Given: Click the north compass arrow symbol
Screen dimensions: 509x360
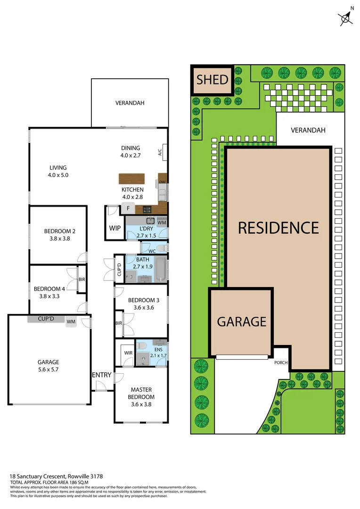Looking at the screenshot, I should pyautogui.click(x=346, y=18).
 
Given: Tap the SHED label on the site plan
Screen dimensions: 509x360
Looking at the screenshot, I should pyautogui.click(x=212, y=80).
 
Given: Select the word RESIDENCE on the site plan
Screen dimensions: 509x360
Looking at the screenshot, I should pyautogui.click(x=278, y=228).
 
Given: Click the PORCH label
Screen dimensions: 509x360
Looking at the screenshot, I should pyautogui.click(x=281, y=363).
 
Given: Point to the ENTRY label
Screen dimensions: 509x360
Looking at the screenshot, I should pyautogui.click(x=102, y=375).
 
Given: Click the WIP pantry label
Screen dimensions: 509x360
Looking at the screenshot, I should pyautogui.click(x=115, y=228).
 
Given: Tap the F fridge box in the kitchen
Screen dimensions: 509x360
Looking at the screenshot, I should pyautogui.click(x=128, y=208).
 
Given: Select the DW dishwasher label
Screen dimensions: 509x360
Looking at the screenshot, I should pyautogui.click(x=162, y=182).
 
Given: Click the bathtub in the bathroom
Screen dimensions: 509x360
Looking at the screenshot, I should pyautogui.click(x=161, y=270).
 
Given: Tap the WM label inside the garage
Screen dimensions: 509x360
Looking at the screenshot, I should pyautogui.click(x=71, y=322).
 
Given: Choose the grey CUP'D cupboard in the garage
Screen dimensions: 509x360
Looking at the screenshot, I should pyautogui.click(x=46, y=319).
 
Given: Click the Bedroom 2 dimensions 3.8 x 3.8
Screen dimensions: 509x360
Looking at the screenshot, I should pyautogui.click(x=60, y=238).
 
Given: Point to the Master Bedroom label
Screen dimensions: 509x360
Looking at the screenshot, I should pyautogui.click(x=142, y=393).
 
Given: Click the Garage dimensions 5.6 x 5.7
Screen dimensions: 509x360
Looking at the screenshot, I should pyautogui.click(x=49, y=370).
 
